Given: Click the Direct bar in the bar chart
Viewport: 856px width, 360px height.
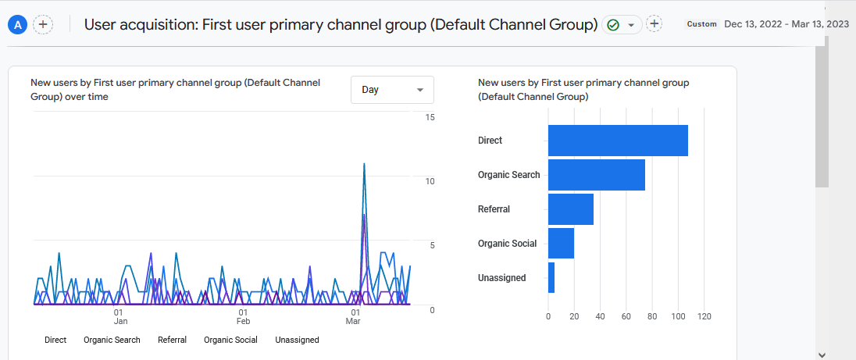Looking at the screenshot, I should pos(618,141).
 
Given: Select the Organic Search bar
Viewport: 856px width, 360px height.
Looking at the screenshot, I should pos(597,175).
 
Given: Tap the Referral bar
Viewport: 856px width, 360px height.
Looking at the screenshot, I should pos(571,209).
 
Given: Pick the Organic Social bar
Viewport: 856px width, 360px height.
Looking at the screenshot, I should pos(561,244).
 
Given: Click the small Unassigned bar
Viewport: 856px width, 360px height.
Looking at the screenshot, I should pos(551,278).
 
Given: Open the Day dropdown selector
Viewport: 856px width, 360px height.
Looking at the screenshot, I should pos(392,90).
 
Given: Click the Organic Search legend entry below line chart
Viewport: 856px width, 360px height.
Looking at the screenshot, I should pos(112,340).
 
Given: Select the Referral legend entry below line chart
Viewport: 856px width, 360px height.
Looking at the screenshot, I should pos(172,340).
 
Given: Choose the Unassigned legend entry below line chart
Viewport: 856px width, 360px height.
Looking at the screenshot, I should pos(297,340).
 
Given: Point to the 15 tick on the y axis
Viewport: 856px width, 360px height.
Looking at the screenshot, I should pos(430,117).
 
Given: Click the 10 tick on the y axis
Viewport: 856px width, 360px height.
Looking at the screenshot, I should pos(430,181).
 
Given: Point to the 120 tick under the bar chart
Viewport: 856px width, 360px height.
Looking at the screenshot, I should pos(704,316).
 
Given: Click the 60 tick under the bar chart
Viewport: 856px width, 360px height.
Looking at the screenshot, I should pos(626,316).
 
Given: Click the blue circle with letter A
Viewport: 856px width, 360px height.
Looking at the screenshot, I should pos(18,24).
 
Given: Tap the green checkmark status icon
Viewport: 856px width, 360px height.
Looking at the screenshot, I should pos(613,25).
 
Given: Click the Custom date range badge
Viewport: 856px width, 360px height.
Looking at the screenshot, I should pos(701,24).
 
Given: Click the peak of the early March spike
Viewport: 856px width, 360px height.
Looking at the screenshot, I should pos(364,163).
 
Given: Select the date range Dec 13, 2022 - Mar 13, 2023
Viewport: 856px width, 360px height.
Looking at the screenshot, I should pos(786,24).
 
